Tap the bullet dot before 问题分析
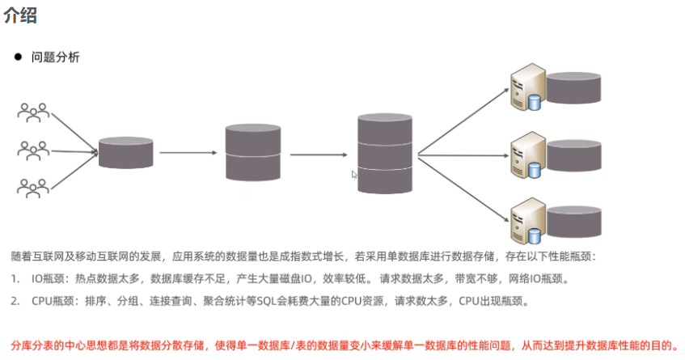16,58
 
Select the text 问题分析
55,58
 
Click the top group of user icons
33,113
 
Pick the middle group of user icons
33,150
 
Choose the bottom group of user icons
33,188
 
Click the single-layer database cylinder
126,152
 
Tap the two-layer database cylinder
253,152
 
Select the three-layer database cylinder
386,152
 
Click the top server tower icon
526,89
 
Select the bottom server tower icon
526,219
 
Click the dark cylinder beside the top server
573,87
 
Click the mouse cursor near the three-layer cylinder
354,174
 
